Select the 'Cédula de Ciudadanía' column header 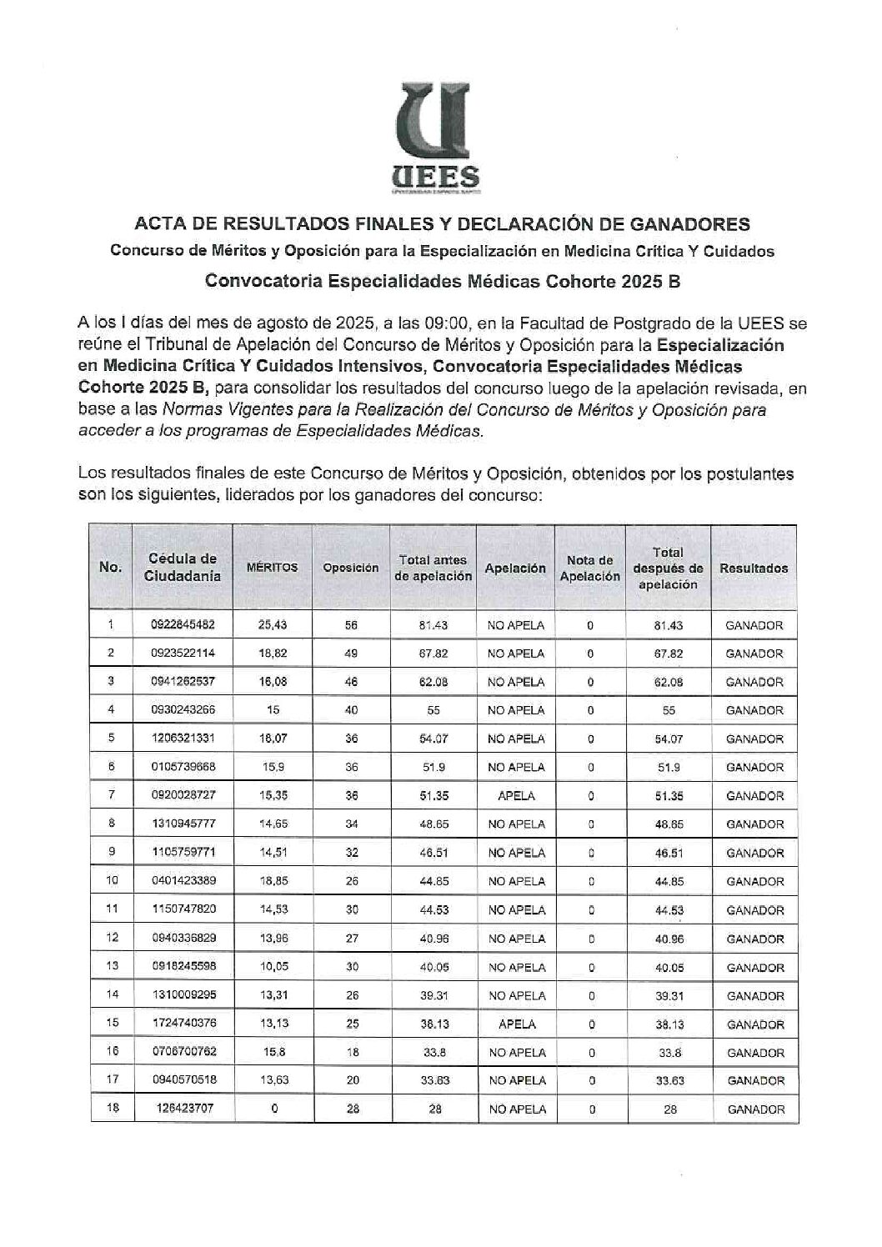[x=183, y=567]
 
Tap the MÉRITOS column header [x=272, y=567]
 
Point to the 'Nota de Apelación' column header [x=589, y=568]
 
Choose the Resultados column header [x=754, y=568]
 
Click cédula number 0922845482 [x=183, y=625]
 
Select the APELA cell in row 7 [x=516, y=796]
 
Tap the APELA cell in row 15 [x=516, y=1024]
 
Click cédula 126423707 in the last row [x=183, y=1109]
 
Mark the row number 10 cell [x=111, y=881]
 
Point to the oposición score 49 [x=351, y=654]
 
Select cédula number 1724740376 [x=183, y=1024]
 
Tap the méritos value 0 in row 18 [x=273, y=1109]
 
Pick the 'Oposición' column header [x=351, y=568]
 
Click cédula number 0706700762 [x=183, y=1053]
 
